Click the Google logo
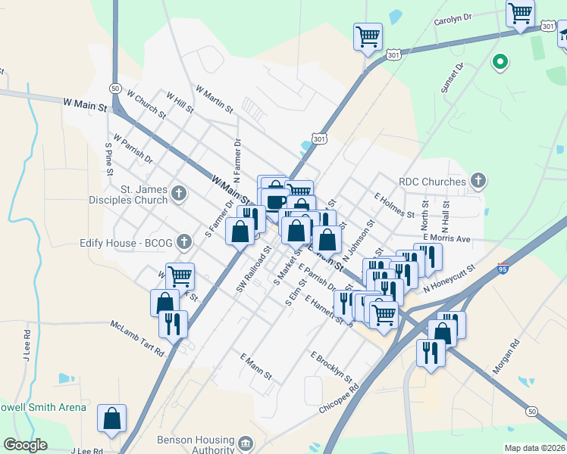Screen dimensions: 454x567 (26, 445)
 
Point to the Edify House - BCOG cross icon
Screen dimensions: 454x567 (183, 242)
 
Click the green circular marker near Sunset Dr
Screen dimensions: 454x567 (500, 61)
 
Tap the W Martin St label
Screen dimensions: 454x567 (214, 100)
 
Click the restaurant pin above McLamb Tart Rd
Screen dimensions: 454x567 (174, 324)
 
